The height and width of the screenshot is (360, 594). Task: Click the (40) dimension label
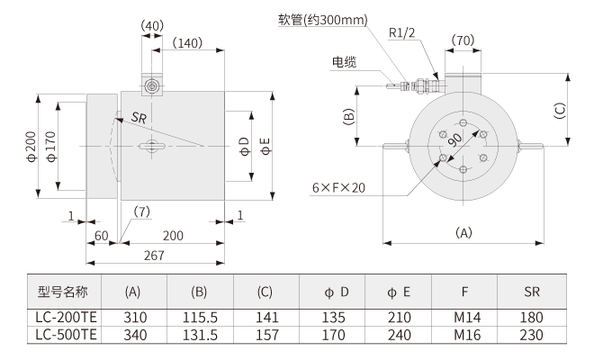point(152,25)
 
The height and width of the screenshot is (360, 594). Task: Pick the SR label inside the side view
point(139,118)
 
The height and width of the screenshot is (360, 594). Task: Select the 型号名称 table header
point(63,292)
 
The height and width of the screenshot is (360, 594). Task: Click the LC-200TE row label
point(63,317)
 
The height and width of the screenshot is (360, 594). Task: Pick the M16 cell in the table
point(463,333)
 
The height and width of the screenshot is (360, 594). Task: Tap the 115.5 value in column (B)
point(199,317)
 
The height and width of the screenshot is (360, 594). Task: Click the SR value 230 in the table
point(532,333)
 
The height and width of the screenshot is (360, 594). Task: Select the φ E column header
point(399,292)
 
